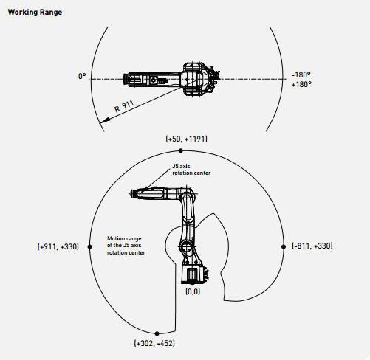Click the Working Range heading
(35, 13)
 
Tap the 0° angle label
(82, 76)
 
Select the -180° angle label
(301, 75)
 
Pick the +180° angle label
(301, 84)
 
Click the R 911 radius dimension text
(124, 106)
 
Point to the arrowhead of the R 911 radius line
(103, 121)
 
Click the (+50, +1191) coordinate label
(186, 139)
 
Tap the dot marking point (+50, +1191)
(181, 150)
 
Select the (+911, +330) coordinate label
(58, 246)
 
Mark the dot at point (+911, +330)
(90, 246)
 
